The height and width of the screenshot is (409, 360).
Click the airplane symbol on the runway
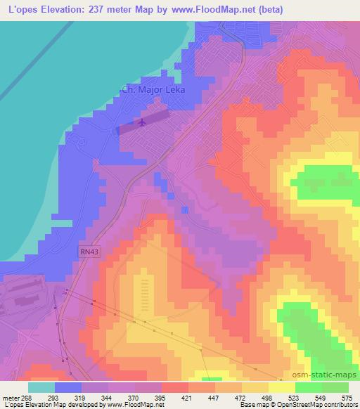(x=142, y=124)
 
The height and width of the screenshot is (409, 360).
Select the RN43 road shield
(x=86, y=251)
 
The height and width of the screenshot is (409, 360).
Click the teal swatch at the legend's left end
(x=41, y=387)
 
